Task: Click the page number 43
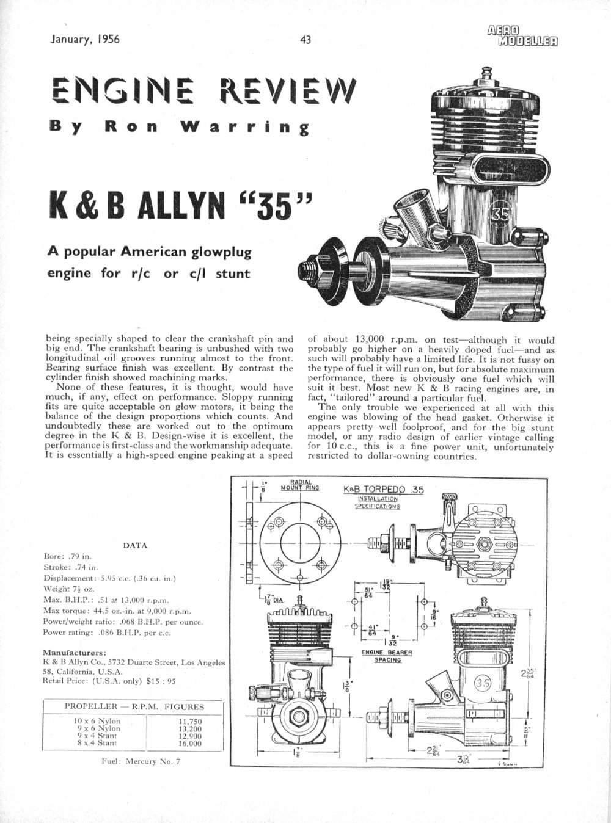[306, 40]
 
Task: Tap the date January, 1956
[84, 40]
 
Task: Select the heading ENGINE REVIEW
[202, 92]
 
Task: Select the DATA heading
[135, 545]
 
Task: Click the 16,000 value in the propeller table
[189, 744]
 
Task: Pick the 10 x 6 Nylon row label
[97, 721]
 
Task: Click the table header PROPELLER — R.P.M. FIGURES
[134, 707]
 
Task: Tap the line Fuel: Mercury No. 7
[141, 761]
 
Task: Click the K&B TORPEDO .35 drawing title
[383, 490]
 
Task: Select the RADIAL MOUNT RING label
[300, 485]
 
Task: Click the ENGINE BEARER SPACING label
[386, 656]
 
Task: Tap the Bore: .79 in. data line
[68, 556]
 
